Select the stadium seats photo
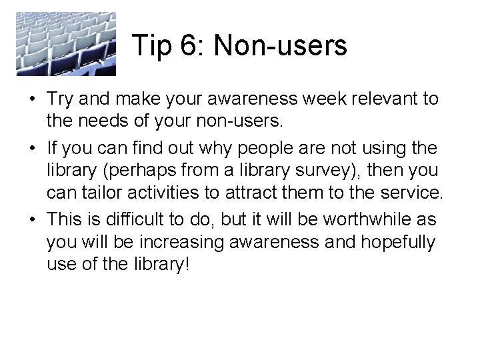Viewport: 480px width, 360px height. pyautogui.click(x=66, y=43)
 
